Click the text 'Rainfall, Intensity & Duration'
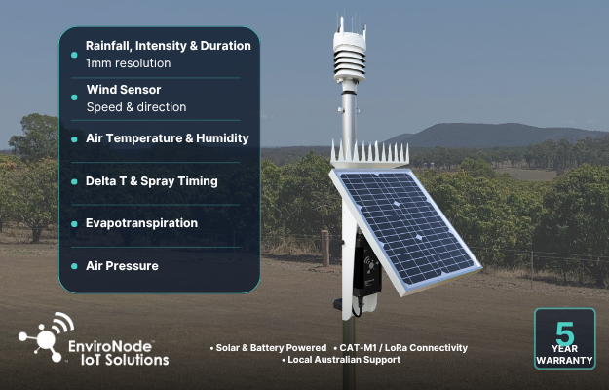click(x=169, y=46)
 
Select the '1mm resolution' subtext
click(x=129, y=63)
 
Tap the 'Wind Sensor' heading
click(x=124, y=90)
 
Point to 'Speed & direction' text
click(x=136, y=107)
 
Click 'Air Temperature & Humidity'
click(x=168, y=138)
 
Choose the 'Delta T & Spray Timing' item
click(x=151, y=181)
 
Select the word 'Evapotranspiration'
click(x=141, y=223)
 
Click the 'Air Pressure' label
click(x=122, y=266)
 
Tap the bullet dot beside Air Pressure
click(x=74, y=266)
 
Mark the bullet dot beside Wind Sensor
click(x=74, y=97)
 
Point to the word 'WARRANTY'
click(x=565, y=361)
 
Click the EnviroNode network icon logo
click(x=47, y=336)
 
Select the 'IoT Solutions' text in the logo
click(x=125, y=360)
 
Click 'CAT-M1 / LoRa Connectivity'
click(x=403, y=348)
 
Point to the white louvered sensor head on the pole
click(x=350, y=55)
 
